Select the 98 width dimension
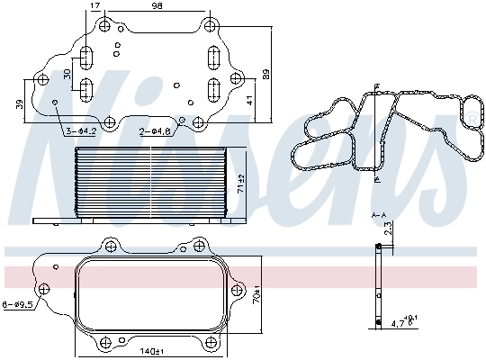point(157,6)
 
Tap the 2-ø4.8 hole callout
point(155,132)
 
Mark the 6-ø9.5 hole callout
point(17,305)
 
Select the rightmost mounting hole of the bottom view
point(238,289)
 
